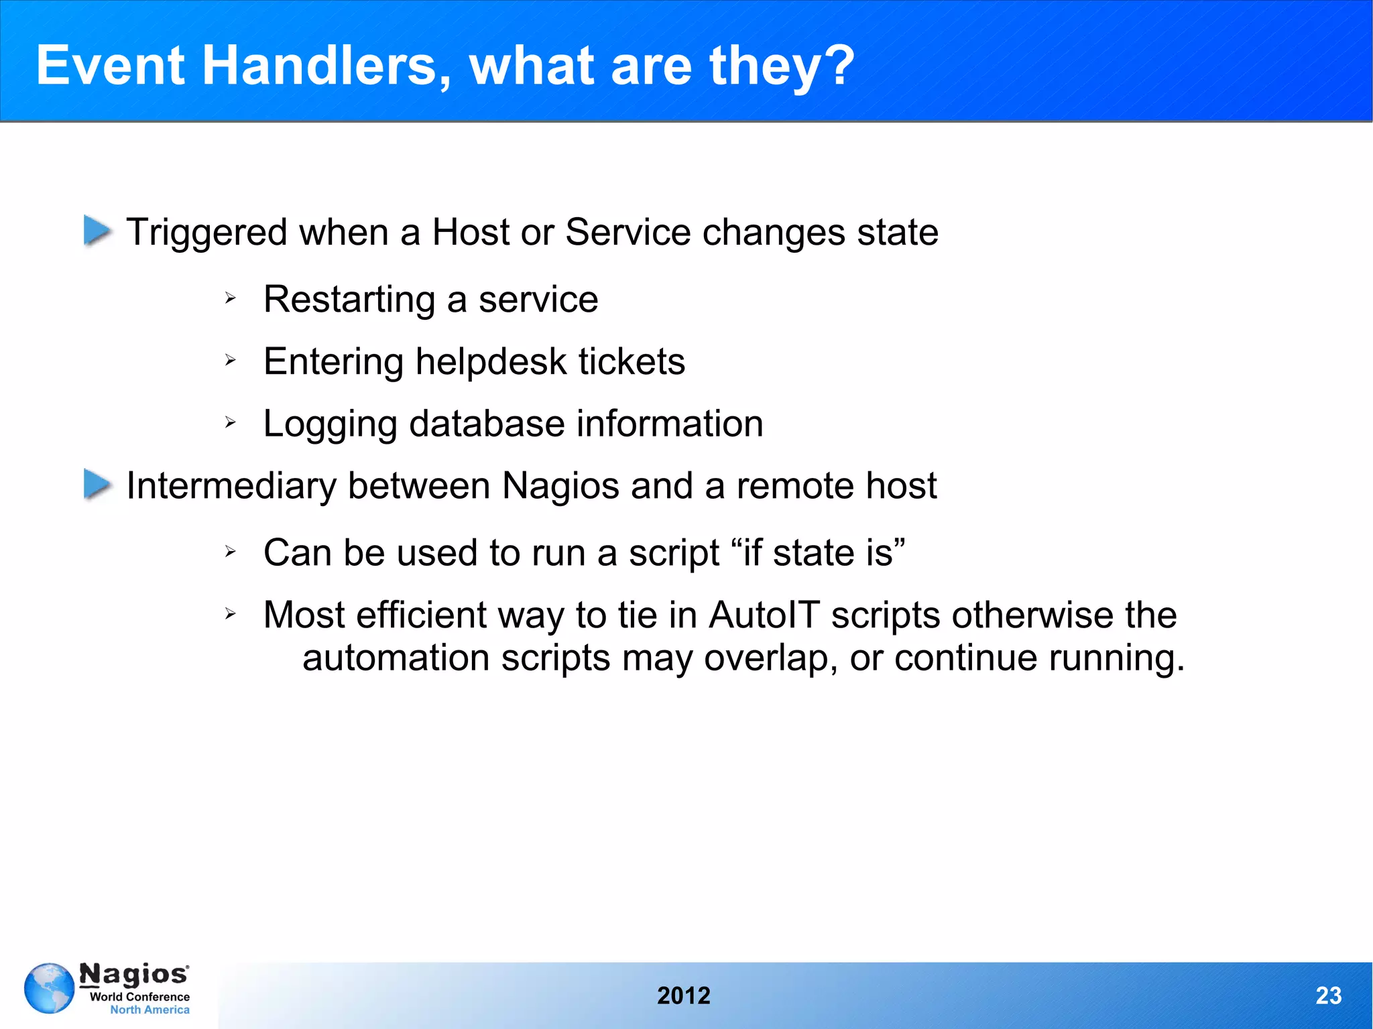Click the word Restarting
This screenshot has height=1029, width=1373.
click(x=349, y=300)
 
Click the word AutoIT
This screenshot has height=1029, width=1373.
click(x=764, y=615)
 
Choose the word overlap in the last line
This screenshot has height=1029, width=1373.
click(x=770, y=658)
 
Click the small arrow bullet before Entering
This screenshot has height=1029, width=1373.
click(x=230, y=361)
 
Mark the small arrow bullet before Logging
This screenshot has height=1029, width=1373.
click(x=230, y=422)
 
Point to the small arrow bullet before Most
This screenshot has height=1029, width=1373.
click(x=230, y=613)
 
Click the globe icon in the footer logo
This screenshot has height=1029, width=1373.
click(x=49, y=988)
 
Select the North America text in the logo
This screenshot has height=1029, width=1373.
click(x=150, y=1010)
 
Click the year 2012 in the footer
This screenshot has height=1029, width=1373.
click(x=683, y=995)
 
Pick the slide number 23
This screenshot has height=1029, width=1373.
click(x=1328, y=995)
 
